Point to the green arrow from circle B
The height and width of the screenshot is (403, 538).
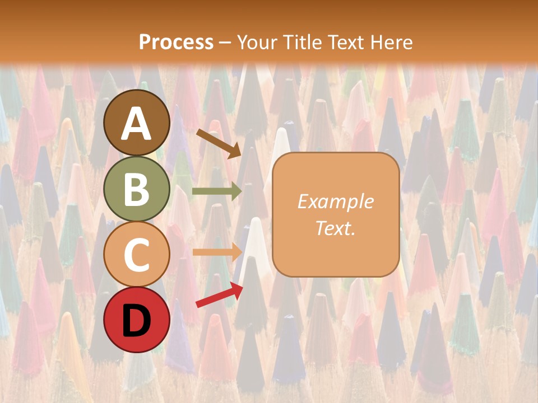pos(217,191)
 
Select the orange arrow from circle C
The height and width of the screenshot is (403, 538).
pos(217,252)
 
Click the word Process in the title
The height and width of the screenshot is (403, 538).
pos(176,43)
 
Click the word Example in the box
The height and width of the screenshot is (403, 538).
pos(335,201)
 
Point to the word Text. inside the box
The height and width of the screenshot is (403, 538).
pos(335,228)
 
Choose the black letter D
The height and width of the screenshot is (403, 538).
pos(137,321)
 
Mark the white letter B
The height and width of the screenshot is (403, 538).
pos(137,189)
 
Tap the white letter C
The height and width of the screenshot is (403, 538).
pos(137,255)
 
